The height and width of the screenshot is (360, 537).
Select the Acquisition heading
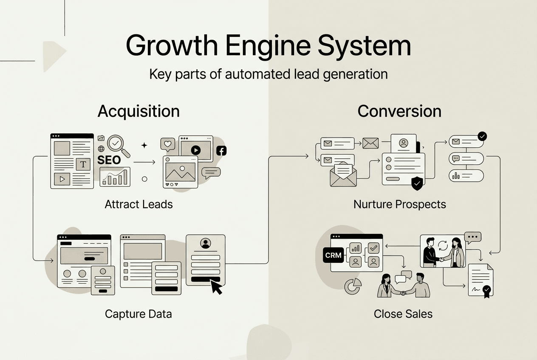pyautogui.click(x=138, y=111)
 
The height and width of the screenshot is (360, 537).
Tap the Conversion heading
pyautogui.click(x=399, y=111)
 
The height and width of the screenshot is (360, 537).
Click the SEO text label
pyautogui.click(x=109, y=160)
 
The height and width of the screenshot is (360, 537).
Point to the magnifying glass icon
pyautogui.click(x=118, y=145)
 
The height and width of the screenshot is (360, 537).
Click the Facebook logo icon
pyautogui.click(x=221, y=150)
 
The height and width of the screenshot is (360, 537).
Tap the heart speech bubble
pyautogui.click(x=167, y=145)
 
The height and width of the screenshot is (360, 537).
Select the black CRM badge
pyautogui.click(x=333, y=256)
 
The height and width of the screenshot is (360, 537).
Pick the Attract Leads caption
pyautogui.click(x=138, y=204)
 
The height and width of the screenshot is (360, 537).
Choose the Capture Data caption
pyautogui.click(x=138, y=314)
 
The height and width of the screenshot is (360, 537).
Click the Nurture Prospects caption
pyautogui.click(x=399, y=204)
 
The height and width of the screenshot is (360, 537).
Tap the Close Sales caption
pyautogui.click(x=403, y=314)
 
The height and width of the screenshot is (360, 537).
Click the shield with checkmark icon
pyautogui.click(x=417, y=183)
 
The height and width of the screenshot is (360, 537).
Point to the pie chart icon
pyautogui.click(x=353, y=286)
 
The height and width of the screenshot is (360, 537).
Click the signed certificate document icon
pyautogui.click(x=480, y=281)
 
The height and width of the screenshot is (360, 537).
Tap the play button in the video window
pyautogui.click(x=195, y=150)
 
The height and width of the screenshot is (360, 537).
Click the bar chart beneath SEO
pyautogui.click(x=115, y=177)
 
